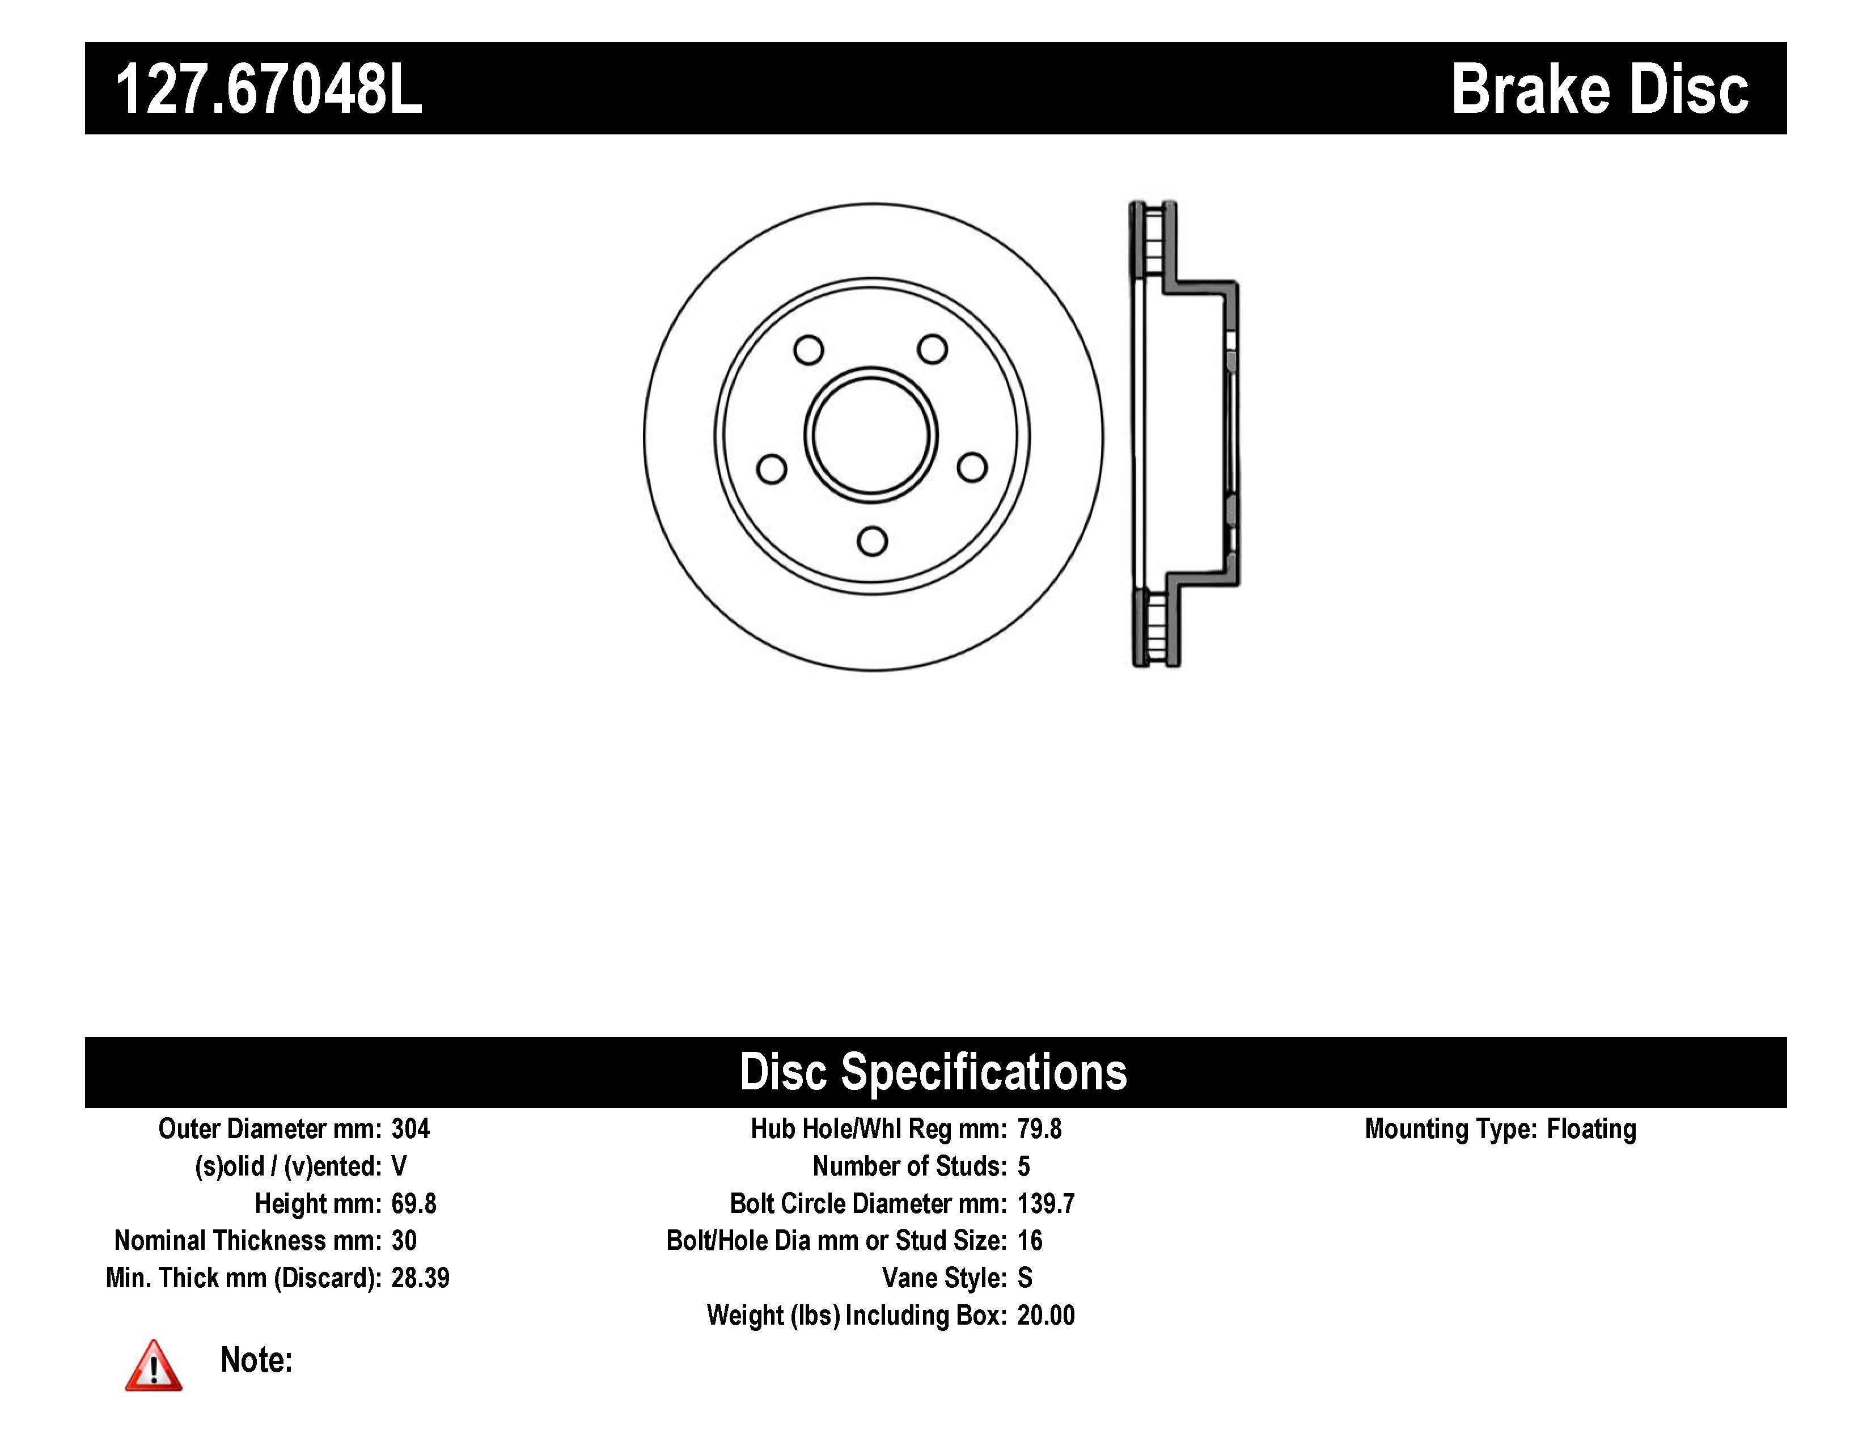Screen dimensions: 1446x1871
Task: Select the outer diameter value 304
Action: [410, 1129]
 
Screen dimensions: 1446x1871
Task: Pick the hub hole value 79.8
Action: [1039, 1129]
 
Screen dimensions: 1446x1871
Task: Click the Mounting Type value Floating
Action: [1591, 1129]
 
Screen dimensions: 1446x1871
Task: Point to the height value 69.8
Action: [414, 1203]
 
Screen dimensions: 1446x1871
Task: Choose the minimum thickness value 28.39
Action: [420, 1278]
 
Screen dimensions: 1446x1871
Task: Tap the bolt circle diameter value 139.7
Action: [1045, 1203]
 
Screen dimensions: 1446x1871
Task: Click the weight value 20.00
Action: [1045, 1315]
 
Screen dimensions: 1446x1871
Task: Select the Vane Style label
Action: [944, 1278]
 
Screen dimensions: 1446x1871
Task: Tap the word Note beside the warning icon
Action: [256, 1360]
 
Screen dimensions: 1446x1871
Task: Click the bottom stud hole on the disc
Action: [872, 542]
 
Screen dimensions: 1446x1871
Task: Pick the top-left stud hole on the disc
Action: [808, 349]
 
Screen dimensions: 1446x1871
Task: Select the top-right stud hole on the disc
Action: [932, 349]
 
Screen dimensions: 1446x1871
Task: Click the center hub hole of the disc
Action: [871, 435]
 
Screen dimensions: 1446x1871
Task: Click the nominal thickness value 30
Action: [404, 1240]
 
